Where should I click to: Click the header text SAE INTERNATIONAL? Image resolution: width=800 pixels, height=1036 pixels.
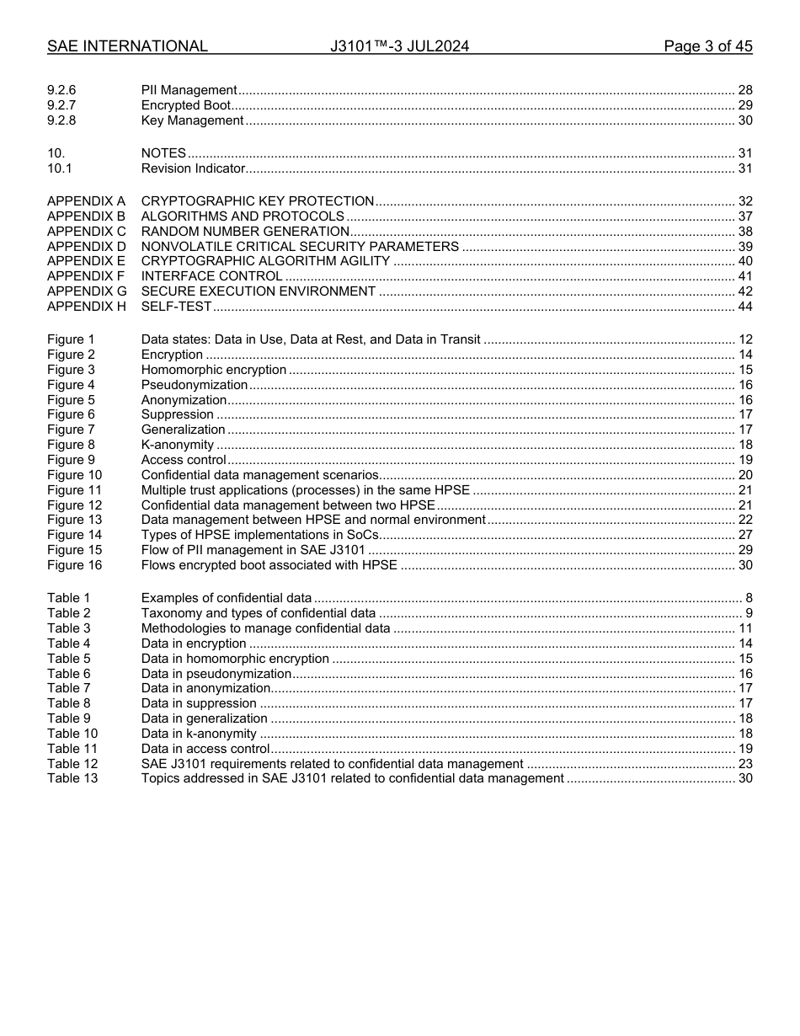(127, 46)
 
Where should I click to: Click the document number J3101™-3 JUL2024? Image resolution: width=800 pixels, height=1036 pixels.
(399, 46)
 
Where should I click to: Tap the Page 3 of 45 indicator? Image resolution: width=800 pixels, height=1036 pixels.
(707, 46)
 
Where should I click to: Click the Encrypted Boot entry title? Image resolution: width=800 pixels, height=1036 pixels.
(185, 105)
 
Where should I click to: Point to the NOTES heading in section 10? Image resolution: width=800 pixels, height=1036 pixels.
(163, 153)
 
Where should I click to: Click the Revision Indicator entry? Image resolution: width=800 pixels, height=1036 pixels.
(193, 168)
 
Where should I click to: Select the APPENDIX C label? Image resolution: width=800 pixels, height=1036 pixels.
(86, 232)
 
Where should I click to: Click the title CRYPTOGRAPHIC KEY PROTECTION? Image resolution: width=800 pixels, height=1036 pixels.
(257, 201)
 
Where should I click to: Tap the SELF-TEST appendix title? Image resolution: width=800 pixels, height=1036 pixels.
(176, 307)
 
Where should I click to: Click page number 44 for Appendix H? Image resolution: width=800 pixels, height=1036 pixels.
(744, 307)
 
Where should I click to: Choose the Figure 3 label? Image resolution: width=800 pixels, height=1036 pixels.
(71, 370)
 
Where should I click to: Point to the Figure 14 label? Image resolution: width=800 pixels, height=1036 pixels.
(74, 535)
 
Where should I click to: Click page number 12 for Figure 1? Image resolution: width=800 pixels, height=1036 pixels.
(744, 339)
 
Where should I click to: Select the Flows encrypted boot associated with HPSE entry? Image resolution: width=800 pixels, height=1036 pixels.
(269, 565)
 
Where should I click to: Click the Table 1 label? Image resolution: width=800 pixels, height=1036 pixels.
(68, 598)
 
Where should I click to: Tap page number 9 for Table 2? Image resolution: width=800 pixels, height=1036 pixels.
(749, 613)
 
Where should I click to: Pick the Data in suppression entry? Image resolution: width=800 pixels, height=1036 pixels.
(199, 703)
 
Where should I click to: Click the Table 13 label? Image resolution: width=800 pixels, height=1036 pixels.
(72, 778)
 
